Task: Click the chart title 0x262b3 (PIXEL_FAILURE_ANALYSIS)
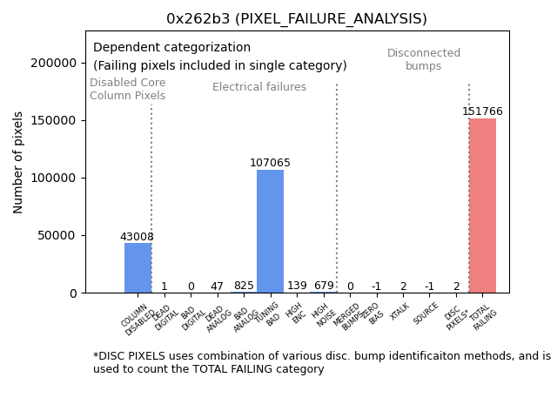coord(297,18)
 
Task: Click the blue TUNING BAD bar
coord(270,231)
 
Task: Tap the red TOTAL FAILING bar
coord(482,206)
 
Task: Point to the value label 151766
coord(482,111)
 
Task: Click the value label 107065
coord(270,163)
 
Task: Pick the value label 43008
coord(138,237)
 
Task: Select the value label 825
coord(244,286)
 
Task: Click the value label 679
coord(324,286)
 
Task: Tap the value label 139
coord(297,286)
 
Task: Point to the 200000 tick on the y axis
coord(53,63)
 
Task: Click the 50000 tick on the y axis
coord(56,235)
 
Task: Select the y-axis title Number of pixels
coord(18,162)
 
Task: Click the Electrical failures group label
coord(259,87)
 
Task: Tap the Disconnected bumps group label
coord(424,59)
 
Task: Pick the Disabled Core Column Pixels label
coord(127,89)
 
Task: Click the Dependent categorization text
coord(171,48)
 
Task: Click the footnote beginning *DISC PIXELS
coord(321,362)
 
